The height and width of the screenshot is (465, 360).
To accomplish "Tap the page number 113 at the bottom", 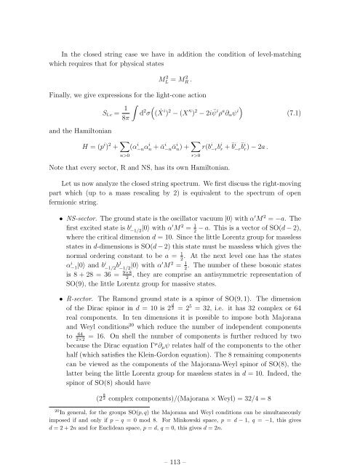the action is tap(180, 444).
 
